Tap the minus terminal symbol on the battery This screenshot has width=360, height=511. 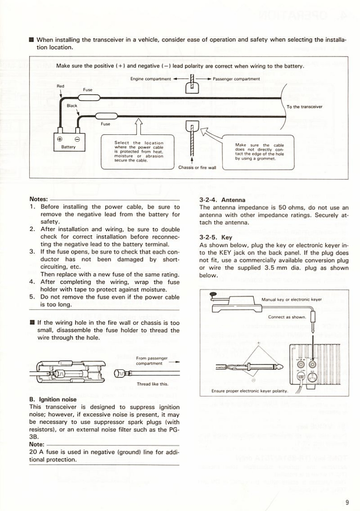point(77,139)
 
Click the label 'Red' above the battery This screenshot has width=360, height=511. point(61,86)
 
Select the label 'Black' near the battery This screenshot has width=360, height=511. point(72,105)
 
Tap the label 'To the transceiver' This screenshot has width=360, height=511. point(305,107)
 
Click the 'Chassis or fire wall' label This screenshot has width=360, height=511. point(196,167)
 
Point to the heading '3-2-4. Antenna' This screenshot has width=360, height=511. point(222,199)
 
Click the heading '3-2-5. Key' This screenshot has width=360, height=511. point(216,237)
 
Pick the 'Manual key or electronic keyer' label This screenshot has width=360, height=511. point(292,300)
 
